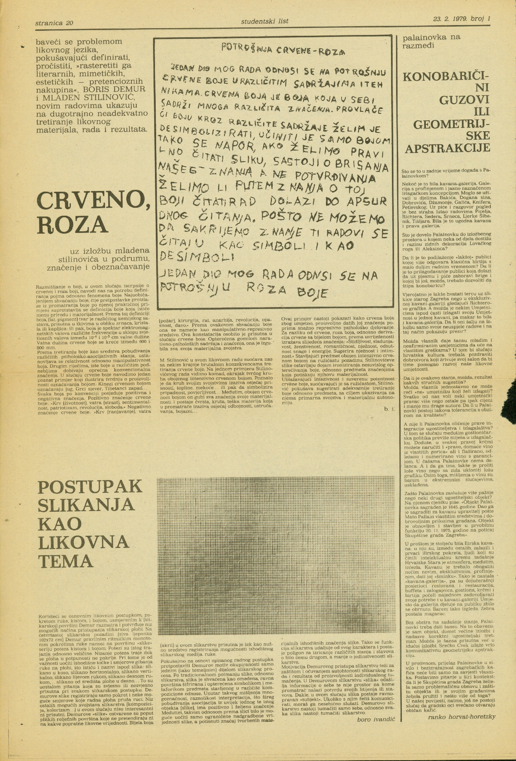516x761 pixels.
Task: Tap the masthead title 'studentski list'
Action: pyautogui.click(x=265, y=21)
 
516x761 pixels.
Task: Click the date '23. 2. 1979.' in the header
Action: pyautogui.click(x=451, y=19)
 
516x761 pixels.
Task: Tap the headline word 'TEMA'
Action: pyautogui.click(x=65, y=560)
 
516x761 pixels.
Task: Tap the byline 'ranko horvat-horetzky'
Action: pyautogui.click(x=462, y=716)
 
